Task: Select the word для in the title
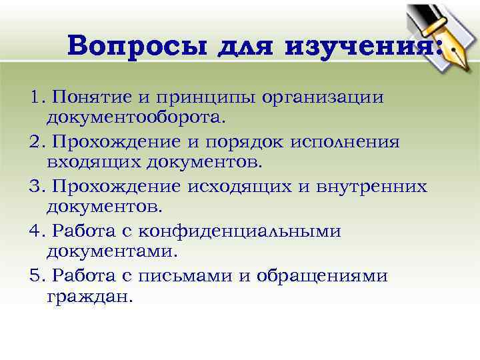coord(250,46)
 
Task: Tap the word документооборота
coord(137,118)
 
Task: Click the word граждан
coord(91,297)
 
